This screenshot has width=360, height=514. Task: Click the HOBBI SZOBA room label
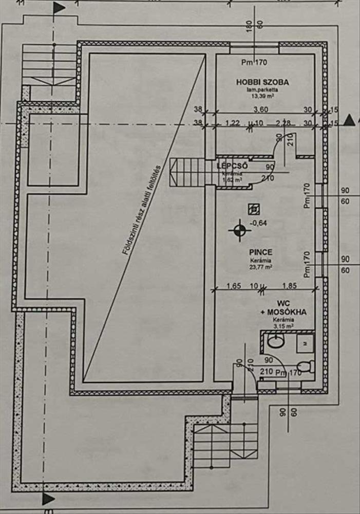262,82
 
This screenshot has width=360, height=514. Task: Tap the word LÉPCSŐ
233,166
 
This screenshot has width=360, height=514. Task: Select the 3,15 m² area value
283,326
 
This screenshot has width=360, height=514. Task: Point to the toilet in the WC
305,366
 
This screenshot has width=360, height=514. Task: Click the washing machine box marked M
305,341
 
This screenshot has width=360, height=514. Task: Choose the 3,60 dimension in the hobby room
262,109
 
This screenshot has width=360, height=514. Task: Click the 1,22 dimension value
233,123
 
